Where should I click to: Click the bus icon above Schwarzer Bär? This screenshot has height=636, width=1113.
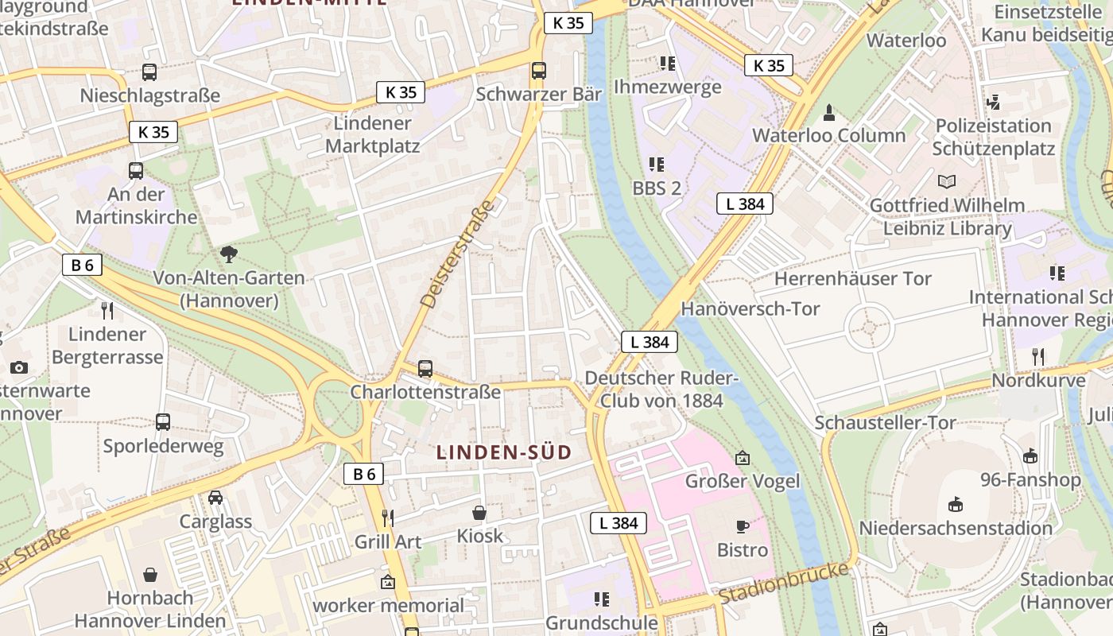pos(539,70)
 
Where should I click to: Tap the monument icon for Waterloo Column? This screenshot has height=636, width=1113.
pos(829,112)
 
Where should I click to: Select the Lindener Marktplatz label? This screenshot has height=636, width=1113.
pos(372,135)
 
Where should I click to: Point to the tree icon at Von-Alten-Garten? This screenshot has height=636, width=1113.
pos(229,254)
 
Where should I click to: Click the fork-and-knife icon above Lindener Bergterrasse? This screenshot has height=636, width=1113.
pos(107,311)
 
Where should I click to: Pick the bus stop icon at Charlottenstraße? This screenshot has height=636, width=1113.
pos(425,369)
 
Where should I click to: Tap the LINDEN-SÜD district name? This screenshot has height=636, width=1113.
pos(504,452)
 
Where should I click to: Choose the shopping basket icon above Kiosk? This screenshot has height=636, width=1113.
pos(479,513)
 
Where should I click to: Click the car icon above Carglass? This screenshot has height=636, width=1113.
pos(215,498)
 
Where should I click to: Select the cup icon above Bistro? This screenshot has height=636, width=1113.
pos(743,526)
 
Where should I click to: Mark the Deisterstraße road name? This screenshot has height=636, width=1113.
pos(458,255)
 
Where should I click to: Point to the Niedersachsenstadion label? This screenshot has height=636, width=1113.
pos(956,528)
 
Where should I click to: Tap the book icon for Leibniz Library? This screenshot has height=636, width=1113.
pos(947,181)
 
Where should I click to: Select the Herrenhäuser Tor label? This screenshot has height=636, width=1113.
pos(853,279)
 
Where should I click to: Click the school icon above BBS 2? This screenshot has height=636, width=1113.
pos(656,165)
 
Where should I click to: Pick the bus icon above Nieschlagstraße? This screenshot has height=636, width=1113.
pos(149,72)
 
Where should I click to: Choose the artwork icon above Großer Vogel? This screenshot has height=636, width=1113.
pos(743,458)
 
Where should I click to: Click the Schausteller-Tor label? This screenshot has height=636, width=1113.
pos(885,422)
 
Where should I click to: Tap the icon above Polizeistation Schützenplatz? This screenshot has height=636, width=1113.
pos(992,103)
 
